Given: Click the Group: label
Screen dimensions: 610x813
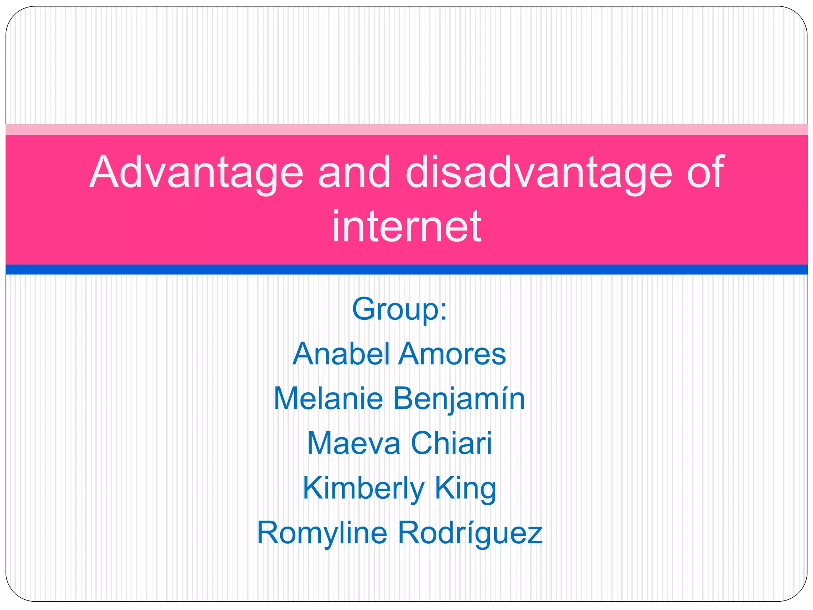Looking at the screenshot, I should (399, 309).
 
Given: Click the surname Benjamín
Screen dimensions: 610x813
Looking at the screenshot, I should (459, 399).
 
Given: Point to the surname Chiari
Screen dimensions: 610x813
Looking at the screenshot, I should (451, 443).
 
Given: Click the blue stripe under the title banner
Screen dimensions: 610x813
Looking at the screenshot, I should (406, 270).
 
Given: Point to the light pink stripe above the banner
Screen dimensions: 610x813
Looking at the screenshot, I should (406, 129).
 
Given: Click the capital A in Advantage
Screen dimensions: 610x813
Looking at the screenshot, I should (103, 172).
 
